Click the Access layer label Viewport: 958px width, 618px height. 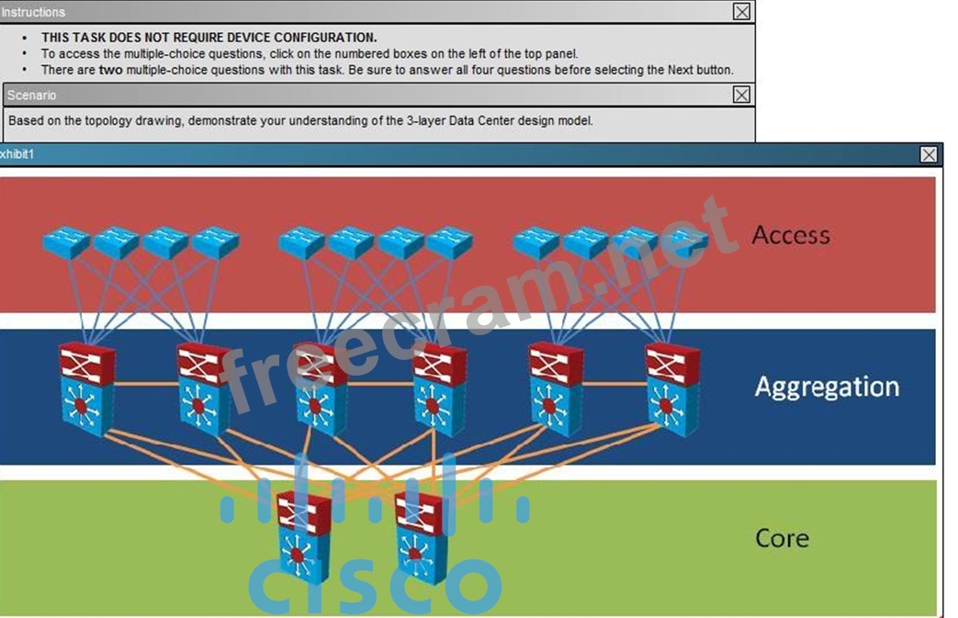tap(791, 235)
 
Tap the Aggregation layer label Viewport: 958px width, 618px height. tap(827, 388)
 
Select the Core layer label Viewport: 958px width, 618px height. tap(782, 538)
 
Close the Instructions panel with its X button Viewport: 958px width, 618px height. tap(741, 12)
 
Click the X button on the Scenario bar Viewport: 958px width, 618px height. tap(741, 95)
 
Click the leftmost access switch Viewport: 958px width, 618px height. tap(66, 242)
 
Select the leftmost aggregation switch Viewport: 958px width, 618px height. tap(86, 388)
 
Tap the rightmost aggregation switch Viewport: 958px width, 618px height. tap(672, 388)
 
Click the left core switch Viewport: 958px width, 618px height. tap(304, 536)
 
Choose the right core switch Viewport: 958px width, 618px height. tap(421, 536)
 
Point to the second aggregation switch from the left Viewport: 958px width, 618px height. tap(204, 388)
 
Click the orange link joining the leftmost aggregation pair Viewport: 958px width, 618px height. tap(145, 384)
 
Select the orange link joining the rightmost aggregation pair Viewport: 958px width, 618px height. tap(614, 384)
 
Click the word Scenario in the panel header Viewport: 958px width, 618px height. tap(32, 96)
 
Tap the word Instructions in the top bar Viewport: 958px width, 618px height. tap(33, 12)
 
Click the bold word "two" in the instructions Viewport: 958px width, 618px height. tap(110, 70)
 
